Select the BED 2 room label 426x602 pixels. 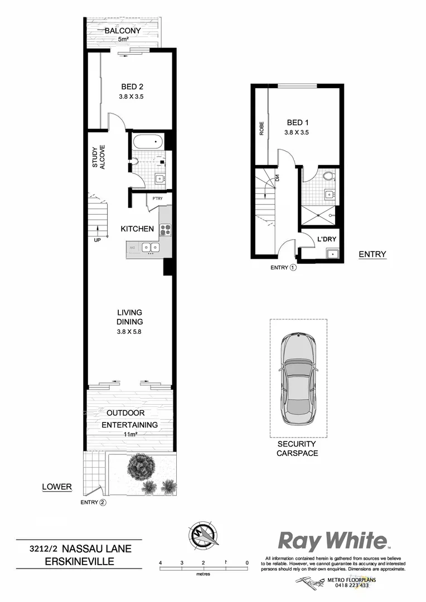pos(132,86)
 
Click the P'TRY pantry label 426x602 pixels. pos(154,197)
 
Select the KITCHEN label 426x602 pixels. pos(137,229)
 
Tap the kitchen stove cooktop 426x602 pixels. pos(165,229)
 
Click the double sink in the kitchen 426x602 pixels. pos(150,247)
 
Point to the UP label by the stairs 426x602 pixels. pos(98,240)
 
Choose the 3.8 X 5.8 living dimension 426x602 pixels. pos(130,331)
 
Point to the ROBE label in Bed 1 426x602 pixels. pos(261,129)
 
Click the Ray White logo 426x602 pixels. pos(333,540)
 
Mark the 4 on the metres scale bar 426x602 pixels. pos(160,563)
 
